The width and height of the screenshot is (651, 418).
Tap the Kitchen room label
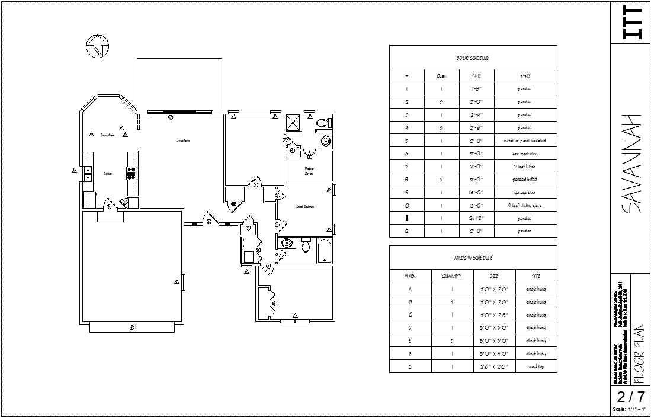click(x=108, y=174)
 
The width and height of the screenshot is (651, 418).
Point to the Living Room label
click(x=183, y=141)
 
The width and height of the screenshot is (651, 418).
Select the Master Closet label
click(x=309, y=171)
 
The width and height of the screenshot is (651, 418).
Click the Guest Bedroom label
click(x=305, y=206)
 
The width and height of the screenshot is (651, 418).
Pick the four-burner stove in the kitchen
click(x=132, y=173)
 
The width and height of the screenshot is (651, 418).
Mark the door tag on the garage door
click(x=132, y=327)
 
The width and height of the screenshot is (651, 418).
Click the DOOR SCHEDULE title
click(x=472, y=58)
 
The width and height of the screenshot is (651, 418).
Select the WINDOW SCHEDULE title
click(x=473, y=258)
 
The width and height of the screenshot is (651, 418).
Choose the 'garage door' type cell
click(x=525, y=193)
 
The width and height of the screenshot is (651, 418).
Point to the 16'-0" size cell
click(x=476, y=193)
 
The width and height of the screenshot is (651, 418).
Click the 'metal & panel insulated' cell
click(x=525, y=141)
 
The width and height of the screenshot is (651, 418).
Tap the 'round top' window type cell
click(x=536, y=367)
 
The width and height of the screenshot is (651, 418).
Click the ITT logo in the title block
click(x=630, y=24)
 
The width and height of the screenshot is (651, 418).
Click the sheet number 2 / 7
click(x=630, y=397)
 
